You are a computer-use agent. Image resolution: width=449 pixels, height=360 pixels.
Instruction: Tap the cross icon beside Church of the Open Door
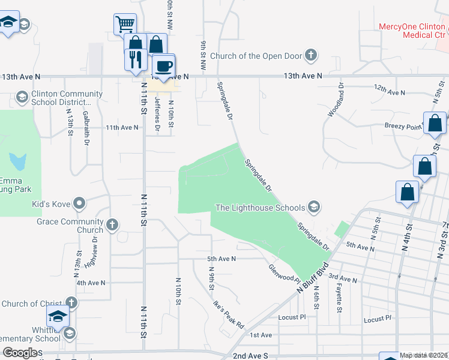(310, 56)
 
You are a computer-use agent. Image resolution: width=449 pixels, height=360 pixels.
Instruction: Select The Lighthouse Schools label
(260, 208)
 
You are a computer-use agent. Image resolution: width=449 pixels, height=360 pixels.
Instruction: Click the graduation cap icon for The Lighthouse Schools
(313, 208)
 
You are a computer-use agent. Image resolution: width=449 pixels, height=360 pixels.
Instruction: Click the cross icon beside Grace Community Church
(112, 226)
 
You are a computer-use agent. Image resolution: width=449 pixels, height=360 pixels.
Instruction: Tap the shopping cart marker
(125, 25)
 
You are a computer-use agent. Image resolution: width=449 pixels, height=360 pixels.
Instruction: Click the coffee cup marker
(163, 65)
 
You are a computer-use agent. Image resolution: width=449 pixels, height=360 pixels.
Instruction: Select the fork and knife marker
(134, 59)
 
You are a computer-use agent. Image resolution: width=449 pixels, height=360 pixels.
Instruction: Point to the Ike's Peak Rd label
(229, 314)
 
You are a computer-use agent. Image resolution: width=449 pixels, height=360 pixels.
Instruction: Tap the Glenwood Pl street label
(284, 273)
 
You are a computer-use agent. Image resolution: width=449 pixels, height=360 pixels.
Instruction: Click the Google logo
(20, 353)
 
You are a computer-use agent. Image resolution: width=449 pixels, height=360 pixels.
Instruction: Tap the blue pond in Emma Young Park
(18, 161)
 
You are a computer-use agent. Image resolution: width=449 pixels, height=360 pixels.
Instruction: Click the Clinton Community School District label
(67, 98)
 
